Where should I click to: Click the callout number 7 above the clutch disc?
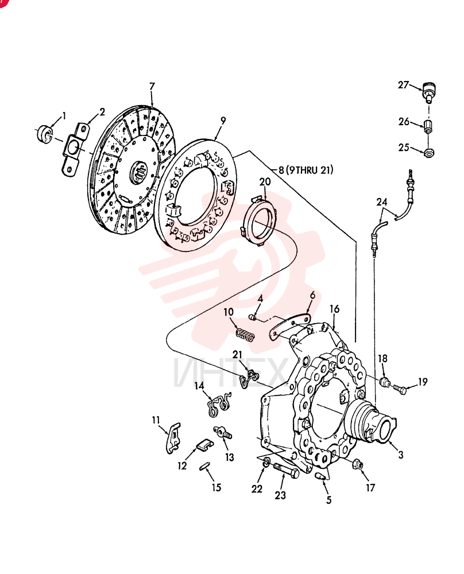152,87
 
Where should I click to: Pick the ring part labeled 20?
258,221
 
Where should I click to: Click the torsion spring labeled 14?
218,405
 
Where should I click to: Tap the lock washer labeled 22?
266,463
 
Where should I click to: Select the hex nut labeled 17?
357,465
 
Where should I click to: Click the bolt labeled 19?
400,389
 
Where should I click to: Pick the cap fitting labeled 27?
428,91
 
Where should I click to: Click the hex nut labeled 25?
429,152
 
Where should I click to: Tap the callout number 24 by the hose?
382,202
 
